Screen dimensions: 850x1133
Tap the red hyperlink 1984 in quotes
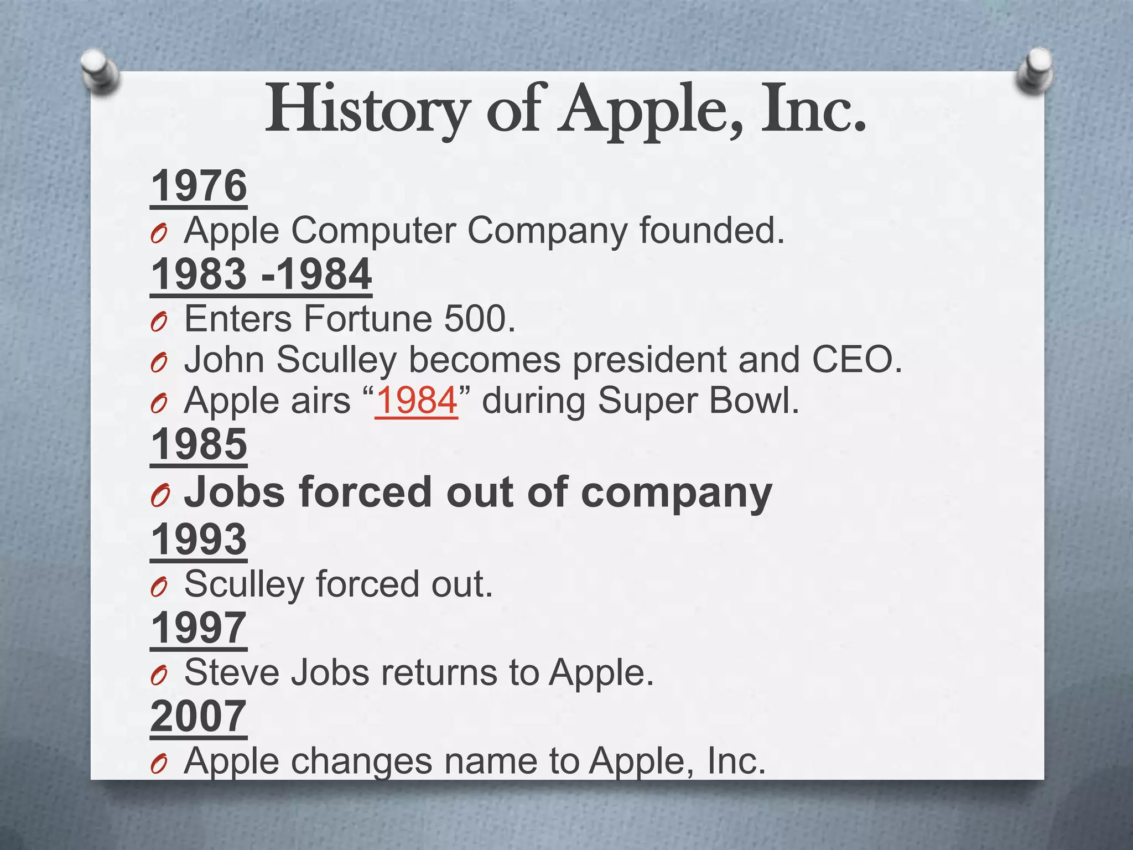(417, 400)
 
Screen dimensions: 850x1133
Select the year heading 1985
(199, 444)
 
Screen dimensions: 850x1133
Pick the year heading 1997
(199, 628)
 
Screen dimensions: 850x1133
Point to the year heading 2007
(198, 716)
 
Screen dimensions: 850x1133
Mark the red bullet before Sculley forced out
(158, 588)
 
